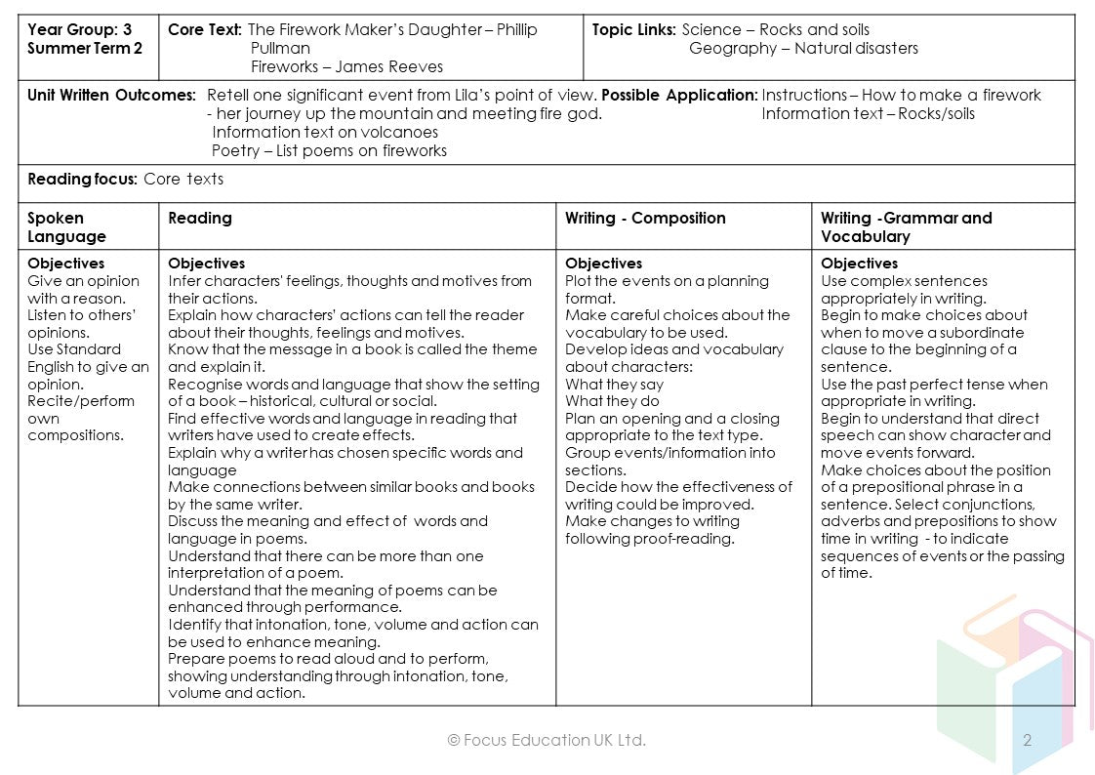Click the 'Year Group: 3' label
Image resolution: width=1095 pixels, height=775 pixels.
point(80,29)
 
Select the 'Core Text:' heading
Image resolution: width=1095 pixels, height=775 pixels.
point(205,29)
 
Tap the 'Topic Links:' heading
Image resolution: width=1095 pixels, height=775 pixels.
point(633,29)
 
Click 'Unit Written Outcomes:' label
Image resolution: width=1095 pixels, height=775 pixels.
point(111,95)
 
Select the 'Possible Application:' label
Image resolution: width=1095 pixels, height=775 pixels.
point(679,95)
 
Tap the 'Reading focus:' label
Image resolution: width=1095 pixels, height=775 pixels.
point(82,179)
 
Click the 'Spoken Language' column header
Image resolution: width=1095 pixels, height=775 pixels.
point(66,226)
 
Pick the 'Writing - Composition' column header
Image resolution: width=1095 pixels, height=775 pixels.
point(645,218)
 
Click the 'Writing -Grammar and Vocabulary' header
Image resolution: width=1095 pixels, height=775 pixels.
point(906,226)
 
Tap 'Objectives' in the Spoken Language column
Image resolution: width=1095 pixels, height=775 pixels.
point(65,264)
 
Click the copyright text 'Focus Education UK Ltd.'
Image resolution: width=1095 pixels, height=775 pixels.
point(547,740)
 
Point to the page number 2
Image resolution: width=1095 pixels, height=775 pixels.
point(1027,740)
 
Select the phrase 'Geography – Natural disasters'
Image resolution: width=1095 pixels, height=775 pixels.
point(803,48)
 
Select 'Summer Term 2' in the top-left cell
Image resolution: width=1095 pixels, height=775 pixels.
point(84,48)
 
